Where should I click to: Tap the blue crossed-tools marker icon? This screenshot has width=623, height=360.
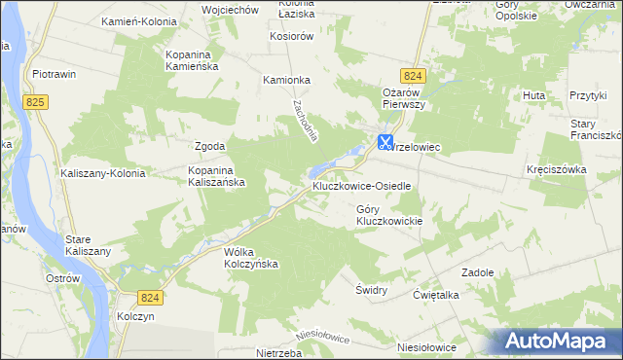[385, 141]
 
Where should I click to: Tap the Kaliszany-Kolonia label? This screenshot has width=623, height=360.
[103, 173]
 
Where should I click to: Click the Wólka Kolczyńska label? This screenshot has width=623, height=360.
[252, 258]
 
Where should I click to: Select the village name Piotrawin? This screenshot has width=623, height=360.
[55, 74]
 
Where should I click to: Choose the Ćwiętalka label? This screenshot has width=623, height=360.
[435, 295]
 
